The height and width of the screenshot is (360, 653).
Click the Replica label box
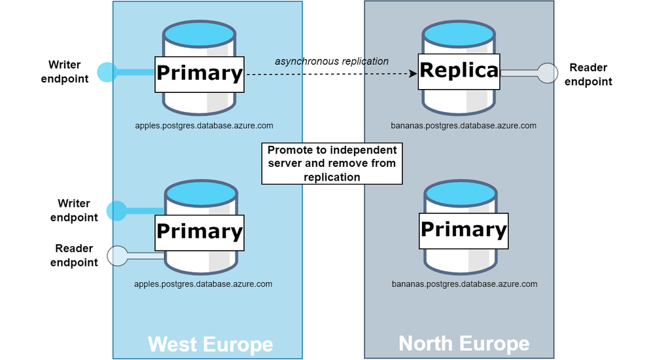[459, 71]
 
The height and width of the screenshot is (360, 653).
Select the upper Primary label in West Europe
[200, 74]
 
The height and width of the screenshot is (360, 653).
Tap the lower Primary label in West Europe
[200, 232]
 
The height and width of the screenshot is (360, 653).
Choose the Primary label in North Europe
[463, 231]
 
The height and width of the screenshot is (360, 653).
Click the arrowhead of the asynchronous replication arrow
[413, 74]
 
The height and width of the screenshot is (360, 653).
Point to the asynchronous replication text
[332, 62]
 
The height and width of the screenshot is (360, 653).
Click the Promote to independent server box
[332, 164]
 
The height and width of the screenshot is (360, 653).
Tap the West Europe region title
[210, 344]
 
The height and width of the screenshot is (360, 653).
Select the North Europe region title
[464, 344]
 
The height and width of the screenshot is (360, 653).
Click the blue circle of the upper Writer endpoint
[107, 73]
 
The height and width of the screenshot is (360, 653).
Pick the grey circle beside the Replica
[547, 73]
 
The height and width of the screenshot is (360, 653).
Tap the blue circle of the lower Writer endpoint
[116, 211]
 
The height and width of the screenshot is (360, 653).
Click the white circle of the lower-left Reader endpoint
[117, 256]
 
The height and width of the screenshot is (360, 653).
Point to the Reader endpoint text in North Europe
[588, 74]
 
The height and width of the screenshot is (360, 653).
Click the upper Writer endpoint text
[65, 71]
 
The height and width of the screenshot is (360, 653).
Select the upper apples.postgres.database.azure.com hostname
[204, 126]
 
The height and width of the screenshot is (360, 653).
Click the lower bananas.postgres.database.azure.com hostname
[465, 284]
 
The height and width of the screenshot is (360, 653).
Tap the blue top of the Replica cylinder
[459, 33]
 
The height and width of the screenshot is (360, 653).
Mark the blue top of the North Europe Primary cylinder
[460, 193]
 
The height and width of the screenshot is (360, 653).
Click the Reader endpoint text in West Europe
[74, 255]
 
